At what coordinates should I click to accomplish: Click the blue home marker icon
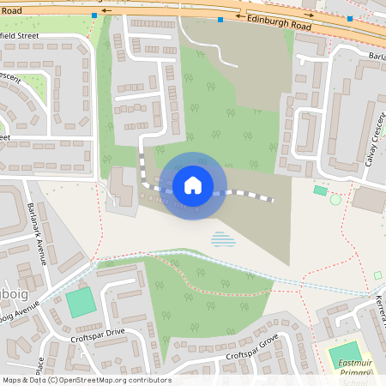(193, 184)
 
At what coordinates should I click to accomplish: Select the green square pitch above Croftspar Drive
(81, 302)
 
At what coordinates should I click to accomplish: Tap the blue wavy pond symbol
(222, 238)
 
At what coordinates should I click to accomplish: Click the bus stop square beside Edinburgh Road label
(220, 19)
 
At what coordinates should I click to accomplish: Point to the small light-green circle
(335, 200)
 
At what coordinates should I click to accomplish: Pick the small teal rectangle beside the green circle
(320, 190)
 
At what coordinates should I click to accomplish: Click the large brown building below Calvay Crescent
(369, 200)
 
